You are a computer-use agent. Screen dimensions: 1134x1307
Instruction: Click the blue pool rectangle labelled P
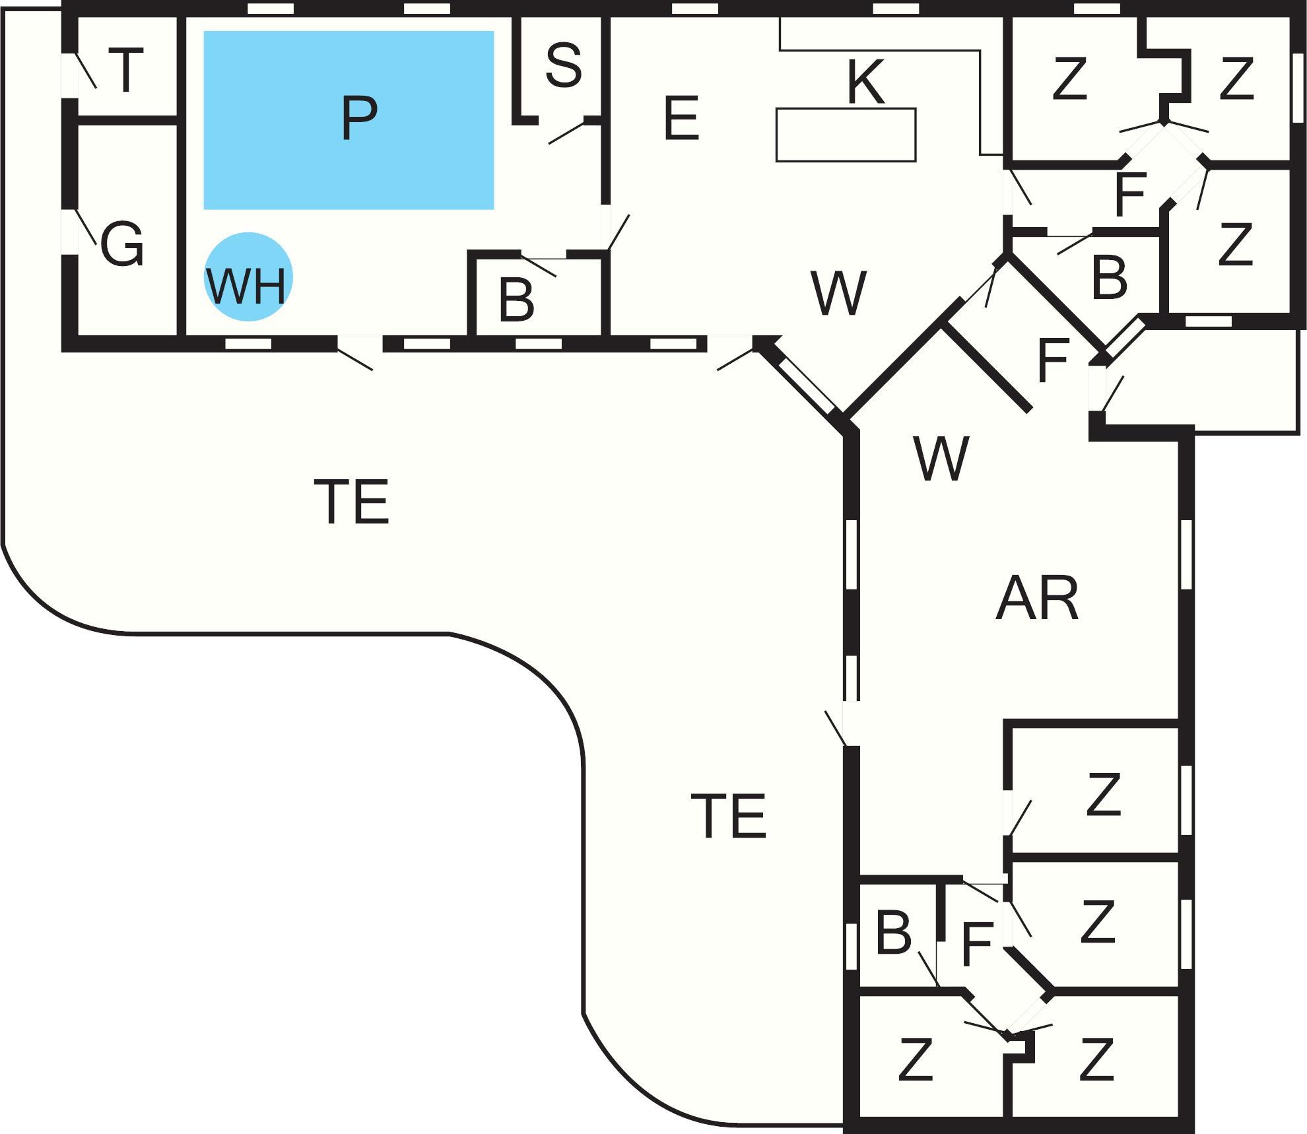coord(349,120)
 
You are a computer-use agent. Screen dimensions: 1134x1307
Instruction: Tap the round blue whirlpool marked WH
coord(248,277)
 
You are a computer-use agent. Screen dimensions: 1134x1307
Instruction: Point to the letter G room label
coord(122,244)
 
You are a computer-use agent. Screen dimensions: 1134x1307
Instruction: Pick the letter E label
coord(681,119)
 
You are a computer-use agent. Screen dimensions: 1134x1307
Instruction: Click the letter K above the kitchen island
coord(865,83)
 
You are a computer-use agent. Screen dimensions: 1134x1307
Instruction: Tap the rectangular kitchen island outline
coord(846,135)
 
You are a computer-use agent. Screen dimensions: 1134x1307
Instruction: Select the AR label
coord(1036,599)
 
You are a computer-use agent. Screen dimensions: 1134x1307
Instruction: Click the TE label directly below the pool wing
coord(351,502)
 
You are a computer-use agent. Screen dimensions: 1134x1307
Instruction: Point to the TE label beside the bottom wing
coord(728,816)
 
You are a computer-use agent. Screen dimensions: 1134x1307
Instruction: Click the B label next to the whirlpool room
coord(516,301)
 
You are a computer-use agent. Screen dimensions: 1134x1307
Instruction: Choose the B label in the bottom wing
coord(894,933)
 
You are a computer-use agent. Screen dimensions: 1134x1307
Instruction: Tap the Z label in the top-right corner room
coord(1236,79)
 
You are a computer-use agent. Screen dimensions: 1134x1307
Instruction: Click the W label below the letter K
coord(838,294)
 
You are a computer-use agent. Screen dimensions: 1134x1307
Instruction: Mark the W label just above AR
coord(941,459)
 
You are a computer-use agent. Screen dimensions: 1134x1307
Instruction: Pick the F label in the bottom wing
coord(978,945)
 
